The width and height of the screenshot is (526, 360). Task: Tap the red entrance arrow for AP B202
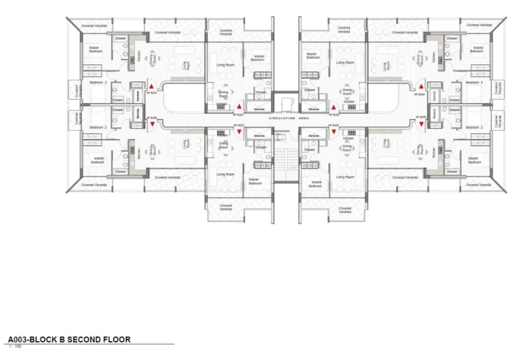(x=239, y=107)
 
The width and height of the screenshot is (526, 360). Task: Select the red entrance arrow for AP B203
(x=334, y=107)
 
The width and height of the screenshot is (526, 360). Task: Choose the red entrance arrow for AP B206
(x=334, y=131)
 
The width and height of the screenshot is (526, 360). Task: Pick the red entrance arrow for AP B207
(x=239, y=131)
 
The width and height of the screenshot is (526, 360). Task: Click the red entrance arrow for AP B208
(x=151, y=125)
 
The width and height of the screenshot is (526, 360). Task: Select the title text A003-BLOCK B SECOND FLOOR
(x=68, y=339)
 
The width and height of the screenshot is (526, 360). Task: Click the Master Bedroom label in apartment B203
(x=312, y=55)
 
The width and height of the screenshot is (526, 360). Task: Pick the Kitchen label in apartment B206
(x=348, y=138)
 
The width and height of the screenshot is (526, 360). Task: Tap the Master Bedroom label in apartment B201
(x=97, y=49)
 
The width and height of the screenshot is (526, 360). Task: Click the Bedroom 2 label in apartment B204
(x=474, y=82)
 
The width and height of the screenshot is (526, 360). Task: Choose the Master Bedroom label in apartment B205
(x=474, y=160)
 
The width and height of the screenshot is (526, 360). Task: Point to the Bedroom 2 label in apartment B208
(x=97, y=127)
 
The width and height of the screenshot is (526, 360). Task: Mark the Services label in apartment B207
(x=259, y=136)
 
